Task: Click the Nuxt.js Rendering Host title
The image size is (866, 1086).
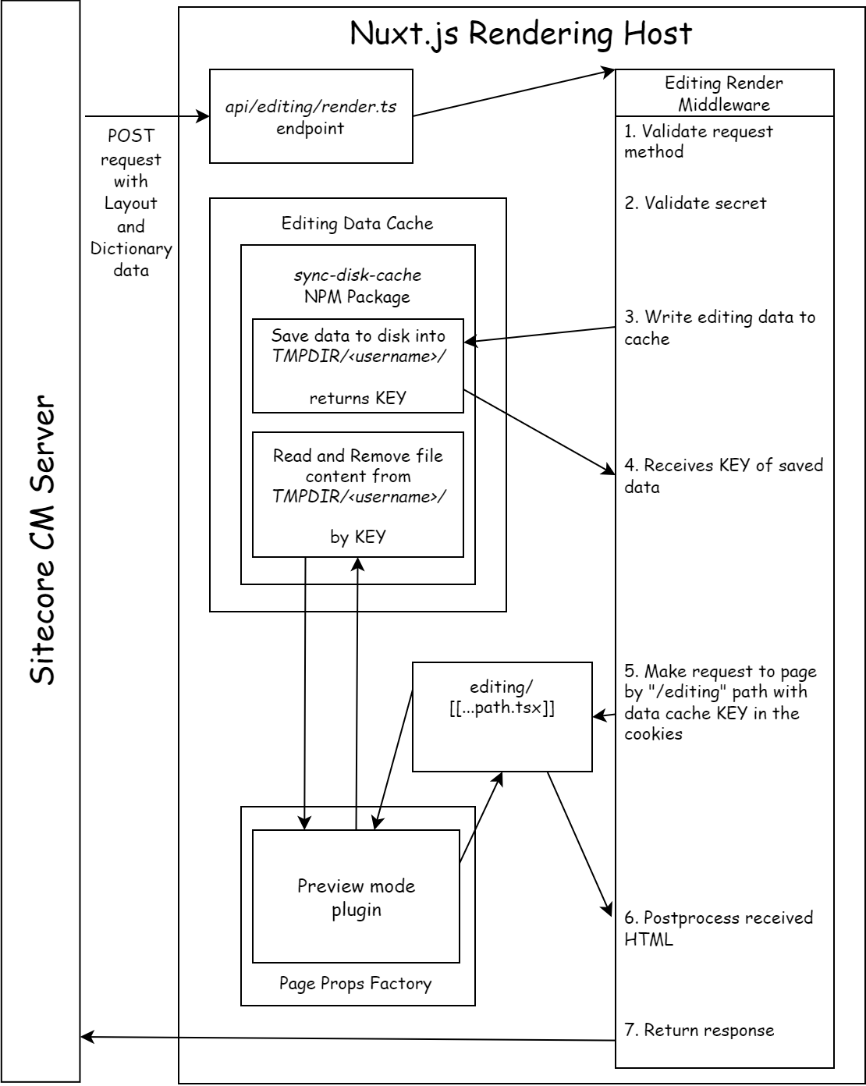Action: (520, 34)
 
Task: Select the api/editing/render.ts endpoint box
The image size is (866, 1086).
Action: (311, 116)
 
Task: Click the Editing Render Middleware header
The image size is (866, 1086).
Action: (724, 94)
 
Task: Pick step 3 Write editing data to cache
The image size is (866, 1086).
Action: (719, 328)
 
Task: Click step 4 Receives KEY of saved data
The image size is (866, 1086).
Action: (722, 476)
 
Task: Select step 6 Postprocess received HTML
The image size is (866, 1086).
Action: (718, 928)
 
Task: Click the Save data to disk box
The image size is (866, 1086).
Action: (358, 365)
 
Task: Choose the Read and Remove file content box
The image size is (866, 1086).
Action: (358, 495)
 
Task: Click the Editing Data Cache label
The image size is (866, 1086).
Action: (357, 224)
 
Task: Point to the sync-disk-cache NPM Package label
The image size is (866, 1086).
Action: (357, 286)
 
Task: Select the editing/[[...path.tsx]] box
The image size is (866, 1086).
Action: (502, 716)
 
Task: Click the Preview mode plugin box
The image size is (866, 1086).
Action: (356, 896)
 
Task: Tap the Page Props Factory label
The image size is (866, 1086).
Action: (355, 983)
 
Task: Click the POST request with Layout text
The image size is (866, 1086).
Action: (131, 203)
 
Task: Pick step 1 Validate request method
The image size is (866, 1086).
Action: (697, 141)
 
